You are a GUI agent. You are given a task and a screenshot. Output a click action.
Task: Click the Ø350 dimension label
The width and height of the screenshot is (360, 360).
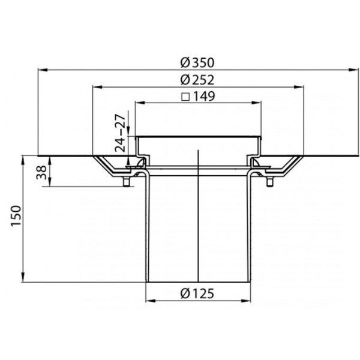tap(197, 62)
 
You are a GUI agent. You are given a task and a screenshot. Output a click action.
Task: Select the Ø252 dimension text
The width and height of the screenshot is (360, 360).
tap(197, 80)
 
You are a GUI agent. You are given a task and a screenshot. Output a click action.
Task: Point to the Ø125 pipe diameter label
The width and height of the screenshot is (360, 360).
tap(197, 293)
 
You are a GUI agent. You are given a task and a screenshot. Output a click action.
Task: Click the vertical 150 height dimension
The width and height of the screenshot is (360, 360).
tap(16, 216)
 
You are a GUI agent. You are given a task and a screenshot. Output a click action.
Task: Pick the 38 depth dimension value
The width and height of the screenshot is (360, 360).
tap(41, 172)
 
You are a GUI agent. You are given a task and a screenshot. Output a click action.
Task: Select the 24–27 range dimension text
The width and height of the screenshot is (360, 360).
tap(121, 133)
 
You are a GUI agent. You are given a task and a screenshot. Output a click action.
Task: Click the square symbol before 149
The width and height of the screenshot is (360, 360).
tap(185, 97)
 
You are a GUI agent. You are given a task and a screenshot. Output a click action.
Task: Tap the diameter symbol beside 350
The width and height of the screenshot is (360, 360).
tap(185, 62)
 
